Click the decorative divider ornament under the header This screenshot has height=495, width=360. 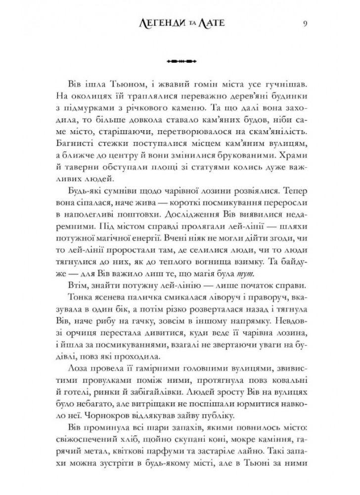[x=180, y=61]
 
